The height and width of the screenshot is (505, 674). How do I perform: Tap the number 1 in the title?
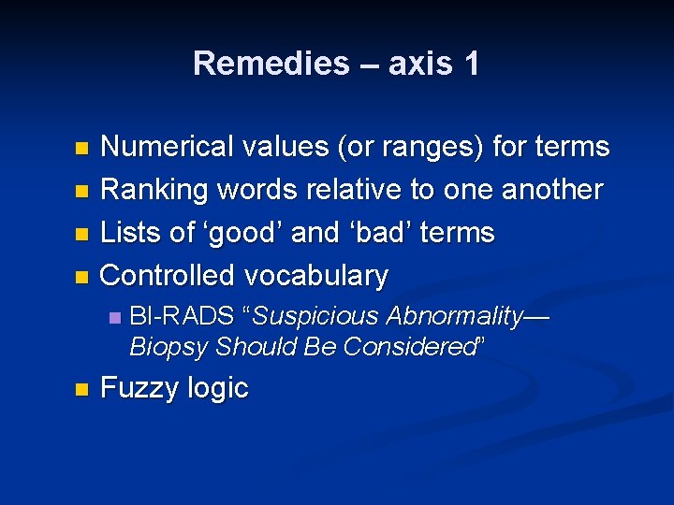[x=470, y=64]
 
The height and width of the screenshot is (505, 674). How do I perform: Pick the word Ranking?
[x=154, y=190]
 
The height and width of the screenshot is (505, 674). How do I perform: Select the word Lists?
[x=131, y=233]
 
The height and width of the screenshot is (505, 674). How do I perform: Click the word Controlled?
[x=168, y=276]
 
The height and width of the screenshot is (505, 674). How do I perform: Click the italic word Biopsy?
[x=168, y=347]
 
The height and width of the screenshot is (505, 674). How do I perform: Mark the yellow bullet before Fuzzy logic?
[x=81, y=389]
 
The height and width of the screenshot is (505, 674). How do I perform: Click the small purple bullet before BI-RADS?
[x=113, y=318]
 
